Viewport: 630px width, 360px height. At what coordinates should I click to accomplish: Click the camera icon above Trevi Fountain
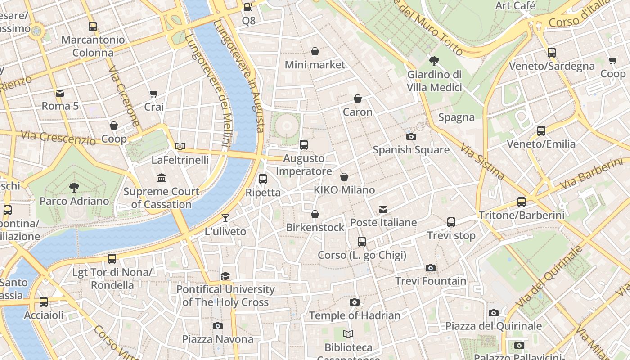(431, 268)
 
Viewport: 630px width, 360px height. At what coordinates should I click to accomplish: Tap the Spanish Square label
(411, 150)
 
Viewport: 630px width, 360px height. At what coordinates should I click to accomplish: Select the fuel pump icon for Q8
(248, 7)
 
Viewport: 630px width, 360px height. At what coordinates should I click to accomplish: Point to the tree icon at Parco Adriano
(74, 188)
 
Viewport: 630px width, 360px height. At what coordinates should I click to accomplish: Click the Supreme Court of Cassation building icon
(162, 178)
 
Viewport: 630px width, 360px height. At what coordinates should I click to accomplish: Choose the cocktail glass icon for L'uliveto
(225, 218)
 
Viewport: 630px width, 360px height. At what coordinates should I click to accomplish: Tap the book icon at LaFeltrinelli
(180, 146)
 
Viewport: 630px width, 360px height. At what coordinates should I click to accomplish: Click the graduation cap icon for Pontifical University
(225, 276)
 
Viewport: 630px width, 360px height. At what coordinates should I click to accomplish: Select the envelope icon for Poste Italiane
(383, 209)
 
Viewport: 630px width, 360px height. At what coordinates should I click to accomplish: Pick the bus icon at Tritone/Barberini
(522, 202)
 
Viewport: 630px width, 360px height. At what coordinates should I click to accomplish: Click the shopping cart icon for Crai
(154, 94)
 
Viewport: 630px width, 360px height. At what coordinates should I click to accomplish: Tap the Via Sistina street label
(482, 161)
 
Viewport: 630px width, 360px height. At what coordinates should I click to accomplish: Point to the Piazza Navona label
(218, 339)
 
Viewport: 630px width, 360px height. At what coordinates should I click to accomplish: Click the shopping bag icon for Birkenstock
(315, 214)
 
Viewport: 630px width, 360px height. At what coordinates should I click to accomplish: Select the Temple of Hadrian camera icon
(355, 302)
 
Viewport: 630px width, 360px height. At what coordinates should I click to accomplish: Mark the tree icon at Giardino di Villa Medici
(434, 61)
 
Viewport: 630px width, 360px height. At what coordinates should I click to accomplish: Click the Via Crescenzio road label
(58, 138)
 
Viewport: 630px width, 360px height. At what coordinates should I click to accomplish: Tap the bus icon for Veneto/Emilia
(541, 131)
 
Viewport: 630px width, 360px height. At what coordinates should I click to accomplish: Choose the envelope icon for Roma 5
(60, 93)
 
